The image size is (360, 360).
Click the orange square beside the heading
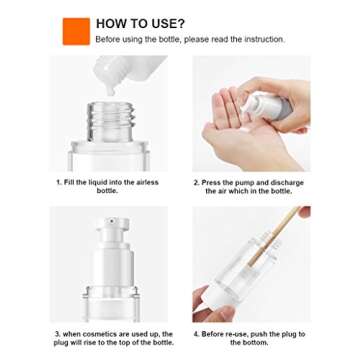pyautogui.click(x=76, y=31)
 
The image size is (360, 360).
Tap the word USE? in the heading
pyautogui.click(x=166, y=22)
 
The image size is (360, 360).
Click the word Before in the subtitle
pyautogui.click(x=108, y=39)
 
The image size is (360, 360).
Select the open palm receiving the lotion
pyautogui.click(x=245, y=140)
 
